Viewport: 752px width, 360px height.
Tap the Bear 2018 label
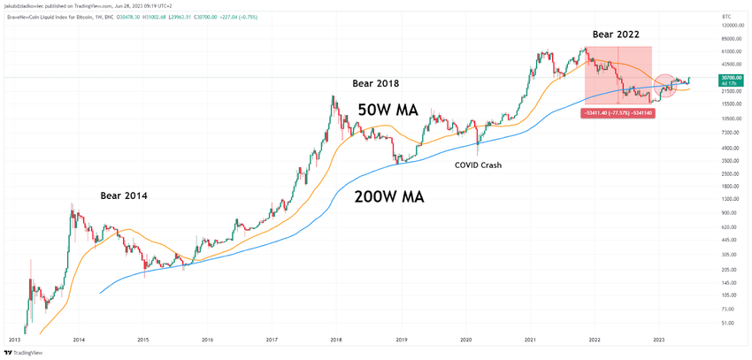tap(376, 83)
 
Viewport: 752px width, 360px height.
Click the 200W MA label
tap(388, 197)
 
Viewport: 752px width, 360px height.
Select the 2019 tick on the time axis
tap(401, 339)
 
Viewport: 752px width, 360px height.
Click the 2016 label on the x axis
tap(207, 339)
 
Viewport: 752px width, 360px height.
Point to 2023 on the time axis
tap(659, 339)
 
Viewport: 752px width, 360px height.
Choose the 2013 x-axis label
tap(15, 339)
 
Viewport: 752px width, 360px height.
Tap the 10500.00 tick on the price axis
tap(708, 119)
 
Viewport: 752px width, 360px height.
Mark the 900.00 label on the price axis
tap(705, 213)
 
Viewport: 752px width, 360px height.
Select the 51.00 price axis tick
tap(703, 324)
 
